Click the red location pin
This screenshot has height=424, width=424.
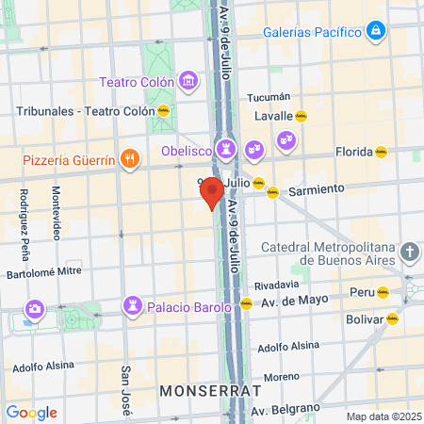pos(212,192)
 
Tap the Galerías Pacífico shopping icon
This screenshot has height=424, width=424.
pos(376,31)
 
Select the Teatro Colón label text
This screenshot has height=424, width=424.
pos(139,81)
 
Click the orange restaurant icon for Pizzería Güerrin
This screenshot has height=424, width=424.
pos(131,159)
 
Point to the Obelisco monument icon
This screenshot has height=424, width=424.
pos(226,150)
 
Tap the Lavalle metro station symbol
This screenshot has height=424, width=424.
pos(301,116)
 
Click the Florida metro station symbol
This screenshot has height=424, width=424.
pos(381,150)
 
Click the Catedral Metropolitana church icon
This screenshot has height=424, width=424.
pos(408,252)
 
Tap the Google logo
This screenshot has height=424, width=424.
pos(31,413)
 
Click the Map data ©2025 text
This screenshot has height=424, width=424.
pos(382,416)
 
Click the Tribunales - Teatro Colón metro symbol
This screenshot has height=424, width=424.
pos(164,110)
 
